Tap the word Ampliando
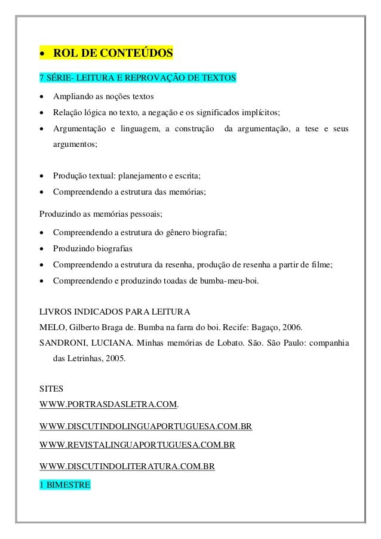point(72,97)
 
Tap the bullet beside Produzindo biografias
point(42,248)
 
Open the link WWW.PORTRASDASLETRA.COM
point(108,405)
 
